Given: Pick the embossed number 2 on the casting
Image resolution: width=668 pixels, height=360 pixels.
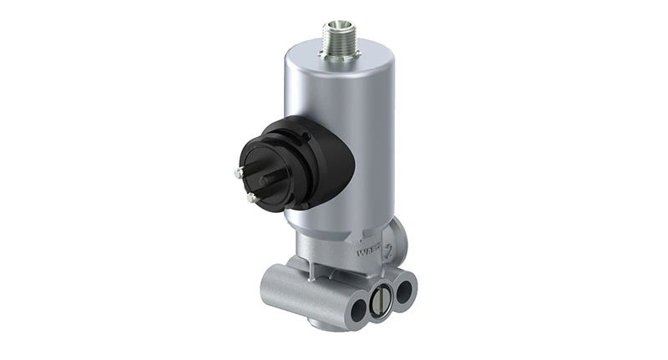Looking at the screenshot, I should tap(389, 248).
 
